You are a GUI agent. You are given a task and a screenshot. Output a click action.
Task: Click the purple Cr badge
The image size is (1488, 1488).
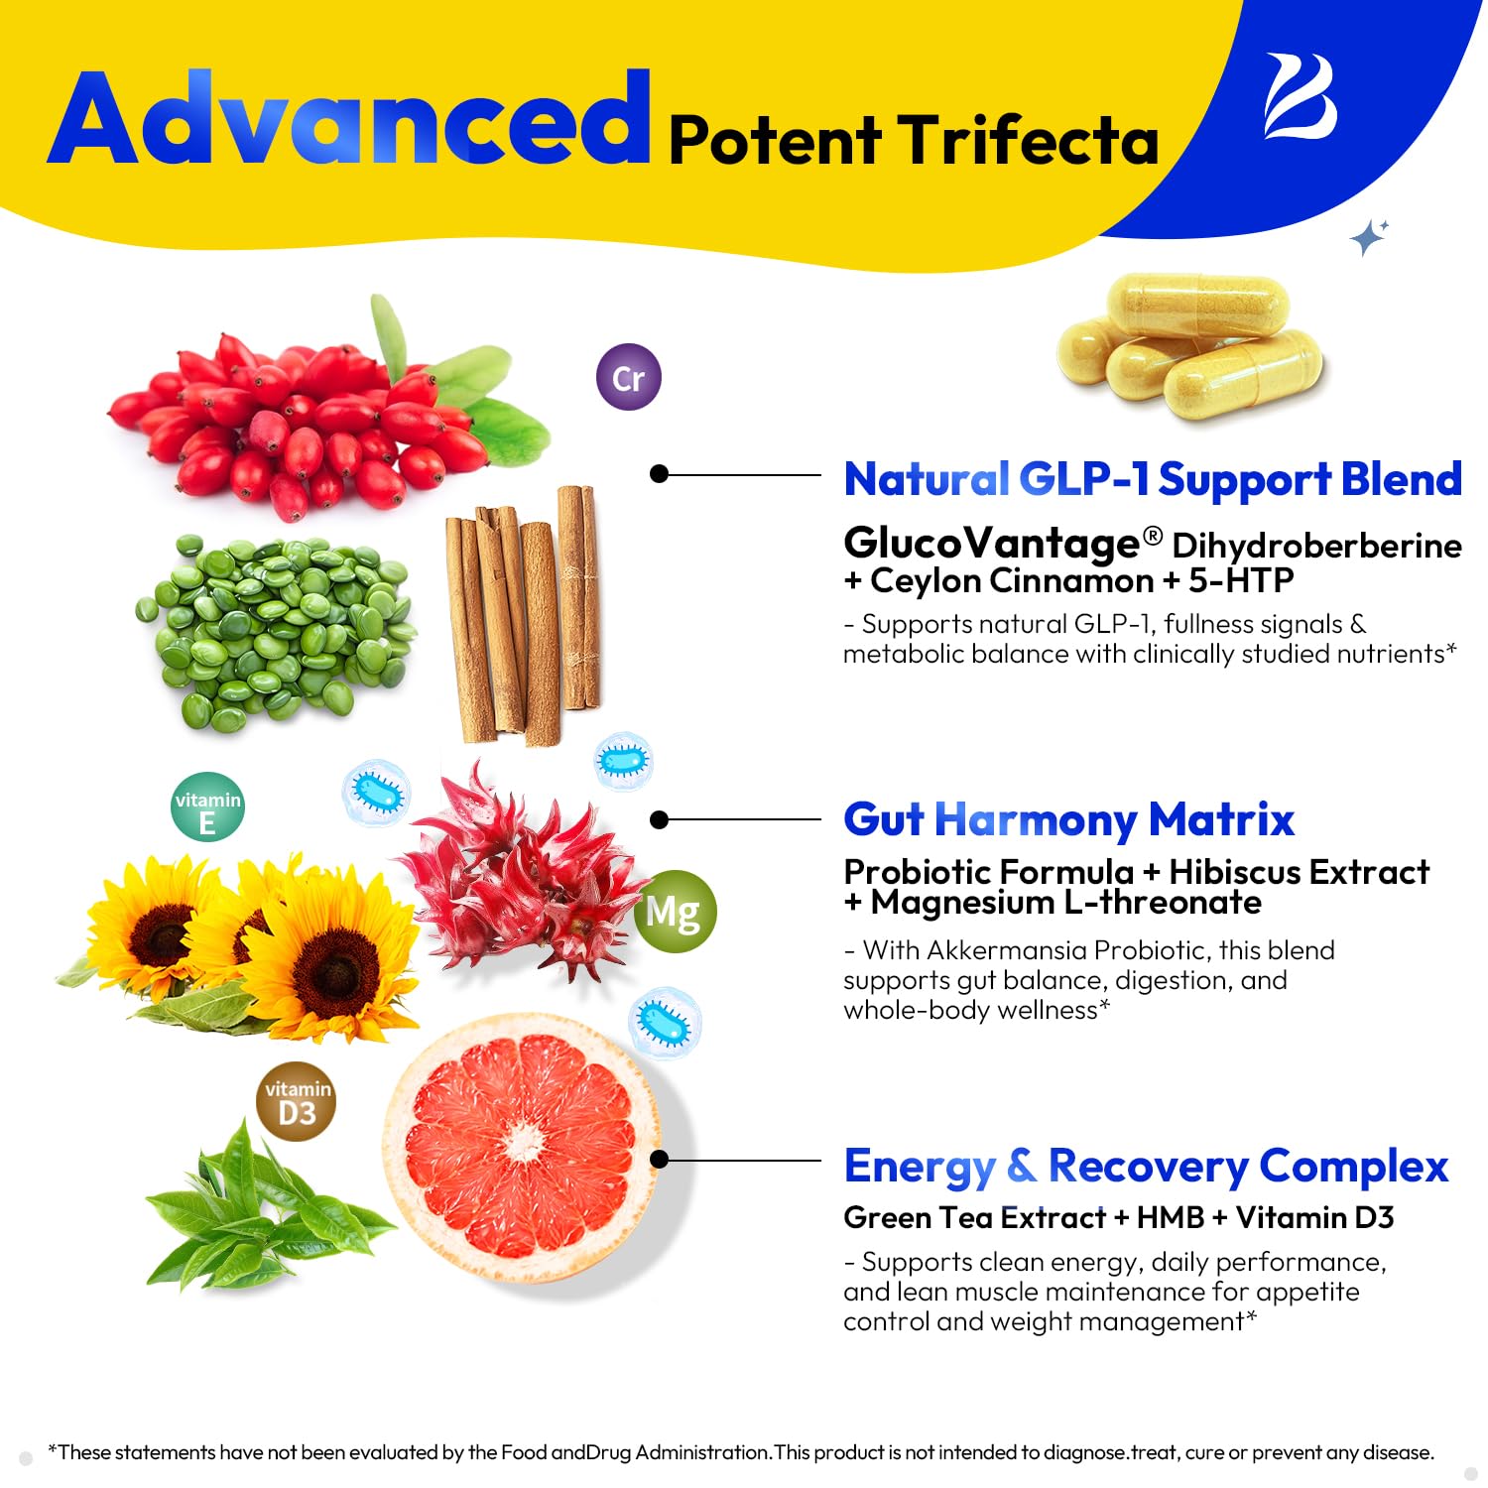point(629,377)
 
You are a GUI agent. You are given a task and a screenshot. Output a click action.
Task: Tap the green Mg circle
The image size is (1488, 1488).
point(675,911)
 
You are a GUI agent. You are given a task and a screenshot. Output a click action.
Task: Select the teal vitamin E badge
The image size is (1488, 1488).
point(207,807)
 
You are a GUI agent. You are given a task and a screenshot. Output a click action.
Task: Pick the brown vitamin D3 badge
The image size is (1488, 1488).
point(297,1101)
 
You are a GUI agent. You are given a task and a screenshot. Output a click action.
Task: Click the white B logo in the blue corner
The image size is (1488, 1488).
point(1300,96)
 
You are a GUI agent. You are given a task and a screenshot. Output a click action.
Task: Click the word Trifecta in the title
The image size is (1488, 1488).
point(1030,139)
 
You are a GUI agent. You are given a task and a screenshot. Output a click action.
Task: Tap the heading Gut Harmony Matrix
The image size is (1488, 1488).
point(1068,820)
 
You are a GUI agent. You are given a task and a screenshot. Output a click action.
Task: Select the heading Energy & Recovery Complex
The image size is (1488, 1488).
point(1146,1167)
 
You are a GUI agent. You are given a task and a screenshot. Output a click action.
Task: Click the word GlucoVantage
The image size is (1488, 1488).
point(991,543)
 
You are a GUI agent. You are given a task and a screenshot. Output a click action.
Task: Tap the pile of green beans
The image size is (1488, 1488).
point(275,632)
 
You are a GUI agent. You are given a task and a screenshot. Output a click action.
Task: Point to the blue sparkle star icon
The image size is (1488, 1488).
point(1369,236)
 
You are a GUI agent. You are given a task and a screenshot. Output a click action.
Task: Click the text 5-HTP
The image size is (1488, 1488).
point(1241,580)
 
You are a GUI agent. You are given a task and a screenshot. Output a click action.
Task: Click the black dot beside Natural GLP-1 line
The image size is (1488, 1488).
point(659,474)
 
